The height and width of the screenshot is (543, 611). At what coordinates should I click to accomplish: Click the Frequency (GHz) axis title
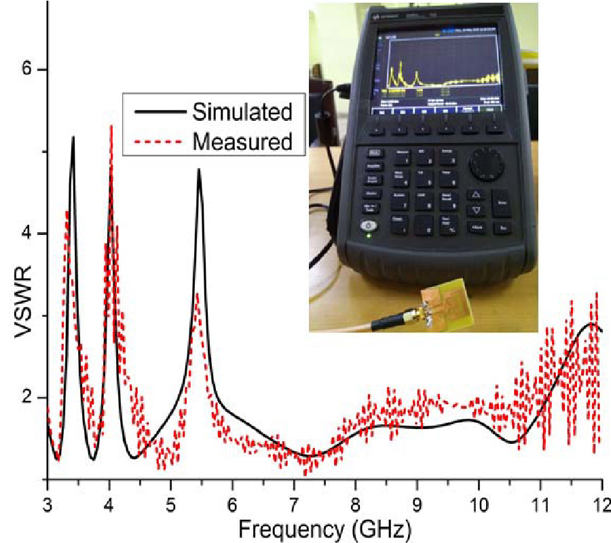click(325, 526)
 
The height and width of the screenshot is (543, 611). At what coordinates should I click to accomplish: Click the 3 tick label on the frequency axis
click(47, 505)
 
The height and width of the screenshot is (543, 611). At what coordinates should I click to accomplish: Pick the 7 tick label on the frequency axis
click(293, 505)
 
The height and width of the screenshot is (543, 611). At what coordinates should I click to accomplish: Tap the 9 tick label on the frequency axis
click(417, 505)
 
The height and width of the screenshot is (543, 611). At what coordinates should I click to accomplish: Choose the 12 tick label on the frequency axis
click(600, 505)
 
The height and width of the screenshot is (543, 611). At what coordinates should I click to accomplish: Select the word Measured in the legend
click(242, 142)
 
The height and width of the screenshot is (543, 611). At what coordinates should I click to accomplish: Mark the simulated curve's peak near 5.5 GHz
click(199, 170)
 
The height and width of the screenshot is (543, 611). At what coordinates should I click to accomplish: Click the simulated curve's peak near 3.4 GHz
click(73, 137)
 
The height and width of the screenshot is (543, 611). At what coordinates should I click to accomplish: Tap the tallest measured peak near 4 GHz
click(111, 126)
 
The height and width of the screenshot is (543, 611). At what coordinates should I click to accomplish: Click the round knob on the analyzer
click(487, 164)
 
